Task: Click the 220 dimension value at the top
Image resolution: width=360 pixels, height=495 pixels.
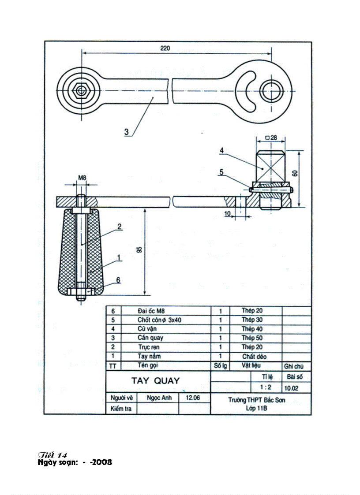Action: click(x=165, y=48)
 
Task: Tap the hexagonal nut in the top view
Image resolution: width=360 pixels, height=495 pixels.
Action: click(x=81, y=90)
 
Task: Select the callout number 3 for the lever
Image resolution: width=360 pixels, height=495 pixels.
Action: click(x=126, y=131)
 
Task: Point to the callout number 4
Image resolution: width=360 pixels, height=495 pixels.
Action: click(x=222, y=151)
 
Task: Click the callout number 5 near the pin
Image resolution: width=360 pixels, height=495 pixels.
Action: click(x=221, y=172)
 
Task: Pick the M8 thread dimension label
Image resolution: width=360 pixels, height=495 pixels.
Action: click(x=82, y=178)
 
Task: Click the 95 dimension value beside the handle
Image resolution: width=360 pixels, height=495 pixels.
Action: click(x=139, y=250)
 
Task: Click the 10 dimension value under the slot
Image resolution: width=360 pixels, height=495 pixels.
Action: click(x=227, y=214)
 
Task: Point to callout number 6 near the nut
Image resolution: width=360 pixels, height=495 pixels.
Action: click(x=118, y=279)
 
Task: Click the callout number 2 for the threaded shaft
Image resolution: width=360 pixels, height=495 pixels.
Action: click(x=119, y=227)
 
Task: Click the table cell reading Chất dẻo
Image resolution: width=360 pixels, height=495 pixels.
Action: click(x=254, y=357)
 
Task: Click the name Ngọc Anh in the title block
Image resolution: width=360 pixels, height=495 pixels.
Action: click(x=159, y=398)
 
